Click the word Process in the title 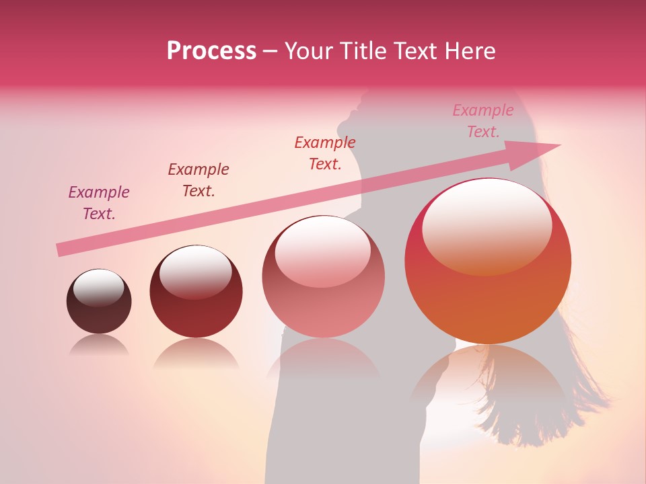point(211,51)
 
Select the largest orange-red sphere point(488,269)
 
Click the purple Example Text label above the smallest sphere point(99,203)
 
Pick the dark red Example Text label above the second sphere point(199,180)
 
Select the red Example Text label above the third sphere point(325,153)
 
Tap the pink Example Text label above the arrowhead point(483,121)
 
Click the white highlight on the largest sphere point(487,225)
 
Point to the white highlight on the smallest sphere point(98,288)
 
